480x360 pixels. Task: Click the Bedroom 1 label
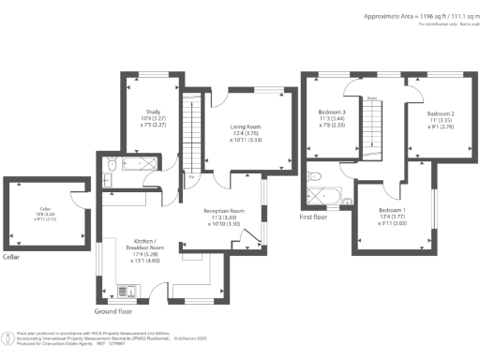click(393, 210)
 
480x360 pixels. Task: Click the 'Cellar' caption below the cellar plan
click(11, 257)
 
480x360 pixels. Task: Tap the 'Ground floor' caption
click(115, 310)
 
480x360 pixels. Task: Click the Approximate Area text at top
click(413, 16)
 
